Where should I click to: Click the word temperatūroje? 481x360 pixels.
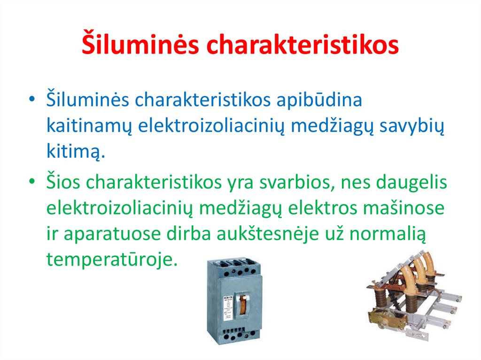112,259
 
